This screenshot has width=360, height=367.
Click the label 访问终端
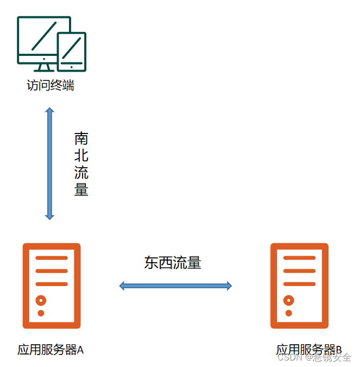50,85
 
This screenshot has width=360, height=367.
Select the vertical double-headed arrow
50,163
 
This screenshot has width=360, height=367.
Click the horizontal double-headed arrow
175,286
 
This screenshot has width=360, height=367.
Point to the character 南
81,138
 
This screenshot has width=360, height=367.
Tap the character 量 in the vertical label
81,189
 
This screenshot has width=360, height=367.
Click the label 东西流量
173,263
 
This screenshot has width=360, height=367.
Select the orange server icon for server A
52,286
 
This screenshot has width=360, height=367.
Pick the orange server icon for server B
300,286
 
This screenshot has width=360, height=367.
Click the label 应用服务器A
50,350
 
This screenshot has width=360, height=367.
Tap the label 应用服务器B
308,350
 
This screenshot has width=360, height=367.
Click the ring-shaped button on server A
41,300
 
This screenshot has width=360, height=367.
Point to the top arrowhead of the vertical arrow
50,111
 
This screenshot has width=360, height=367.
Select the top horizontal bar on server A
52,258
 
